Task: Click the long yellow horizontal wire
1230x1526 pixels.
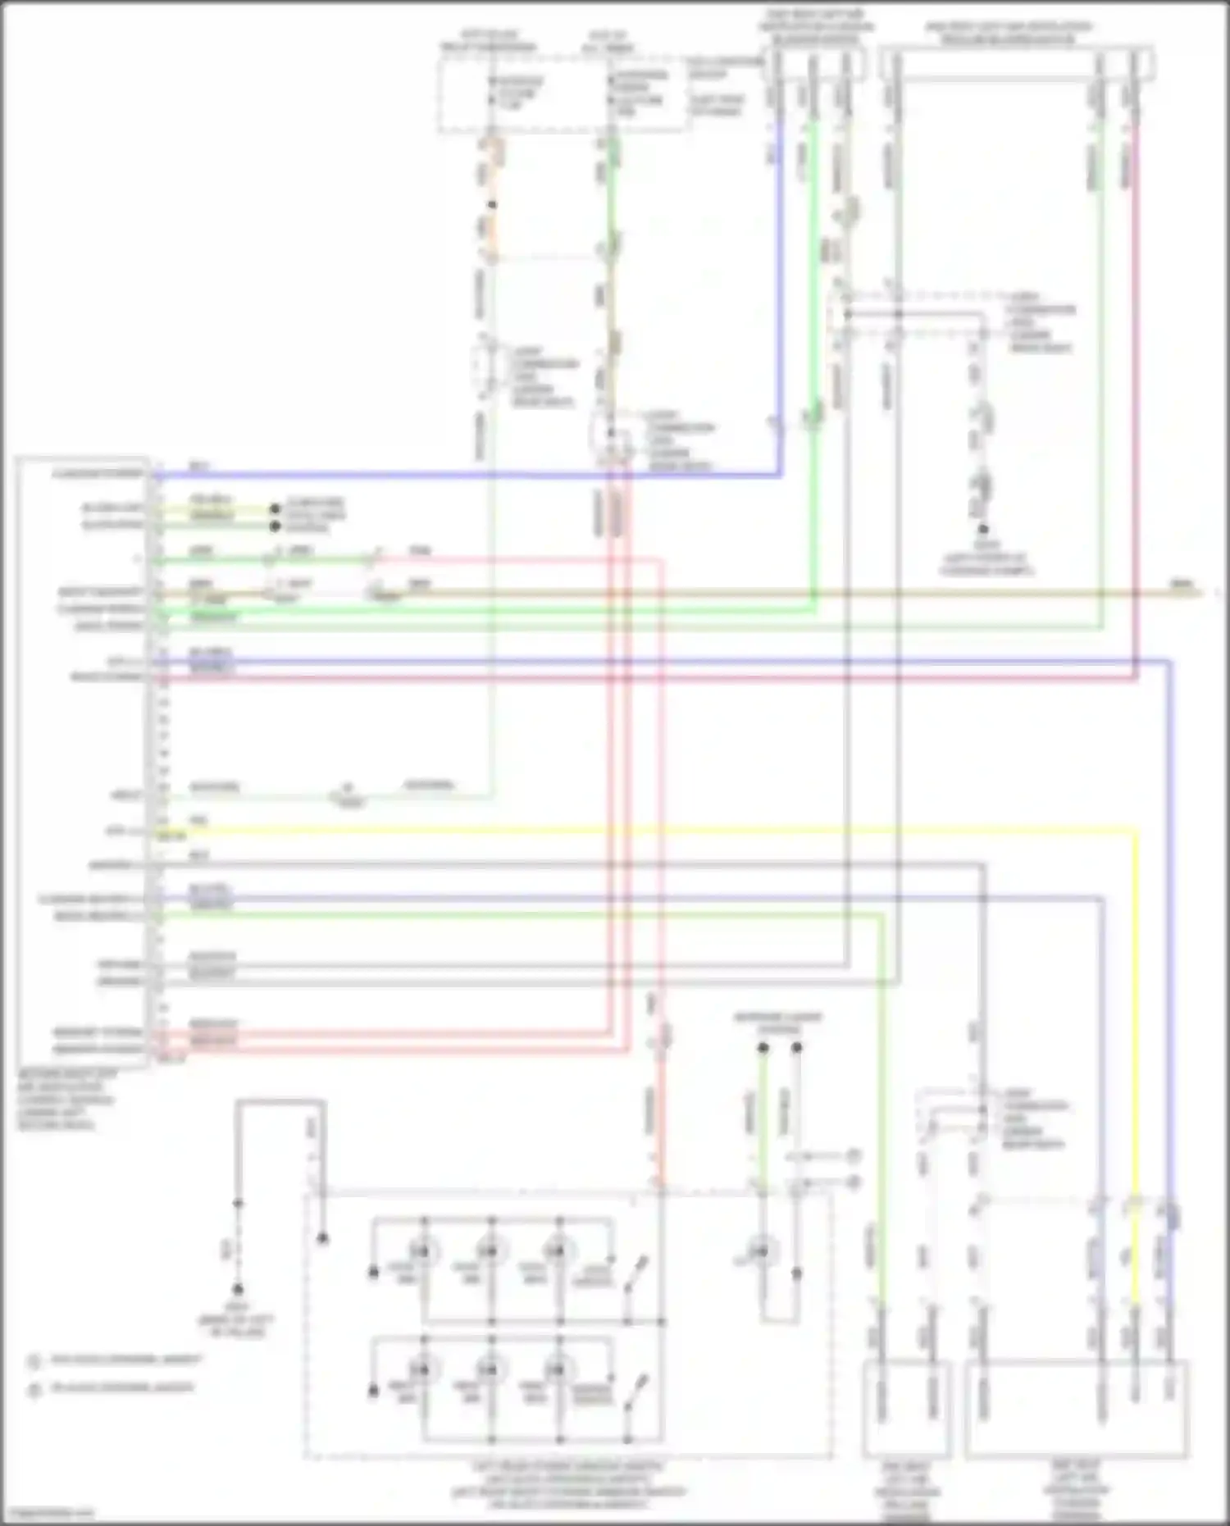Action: coord(656,830)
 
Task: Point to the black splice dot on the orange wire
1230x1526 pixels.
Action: coord(492,204)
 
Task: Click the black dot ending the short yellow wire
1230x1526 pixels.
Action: coord(276,508)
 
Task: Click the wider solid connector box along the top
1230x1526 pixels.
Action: coord(1017,64)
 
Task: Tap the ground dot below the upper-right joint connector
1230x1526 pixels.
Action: coord(982,530)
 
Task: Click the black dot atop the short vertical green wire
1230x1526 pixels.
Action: coord(763,1048)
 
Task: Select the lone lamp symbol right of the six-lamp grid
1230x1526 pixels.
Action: coord(761,1252)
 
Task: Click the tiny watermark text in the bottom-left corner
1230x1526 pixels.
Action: coord(48,1514)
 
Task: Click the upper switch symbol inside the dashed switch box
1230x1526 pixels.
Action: coord(635,1274)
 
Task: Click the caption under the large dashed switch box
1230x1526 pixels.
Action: coord(568,1485)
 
